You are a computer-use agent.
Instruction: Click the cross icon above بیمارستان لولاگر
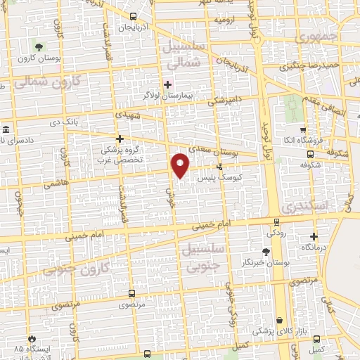tap(167, 84)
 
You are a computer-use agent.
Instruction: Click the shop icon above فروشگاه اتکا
tap(302, 131)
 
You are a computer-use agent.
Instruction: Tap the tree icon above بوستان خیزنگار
tap(265, 252)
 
